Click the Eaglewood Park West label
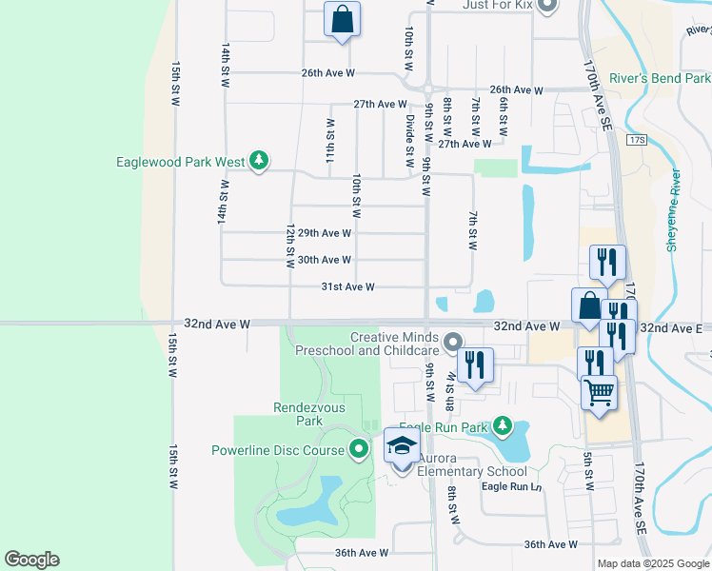(x=180, y=162)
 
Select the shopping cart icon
(x=599, y=391)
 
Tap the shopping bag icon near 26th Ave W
(x=343, y=18)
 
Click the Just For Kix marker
(x=546, y=7)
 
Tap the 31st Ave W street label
(x=347, y=286)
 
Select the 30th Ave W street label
(x=325, y=260)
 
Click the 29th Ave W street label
(x=325, y=233)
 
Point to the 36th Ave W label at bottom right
(x=550, y=544)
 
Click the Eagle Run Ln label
(x=511, y=486)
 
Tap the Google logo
(x=31, y=560)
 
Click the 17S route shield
(x=637, y=140)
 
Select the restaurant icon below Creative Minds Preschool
(x=474, y=364)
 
